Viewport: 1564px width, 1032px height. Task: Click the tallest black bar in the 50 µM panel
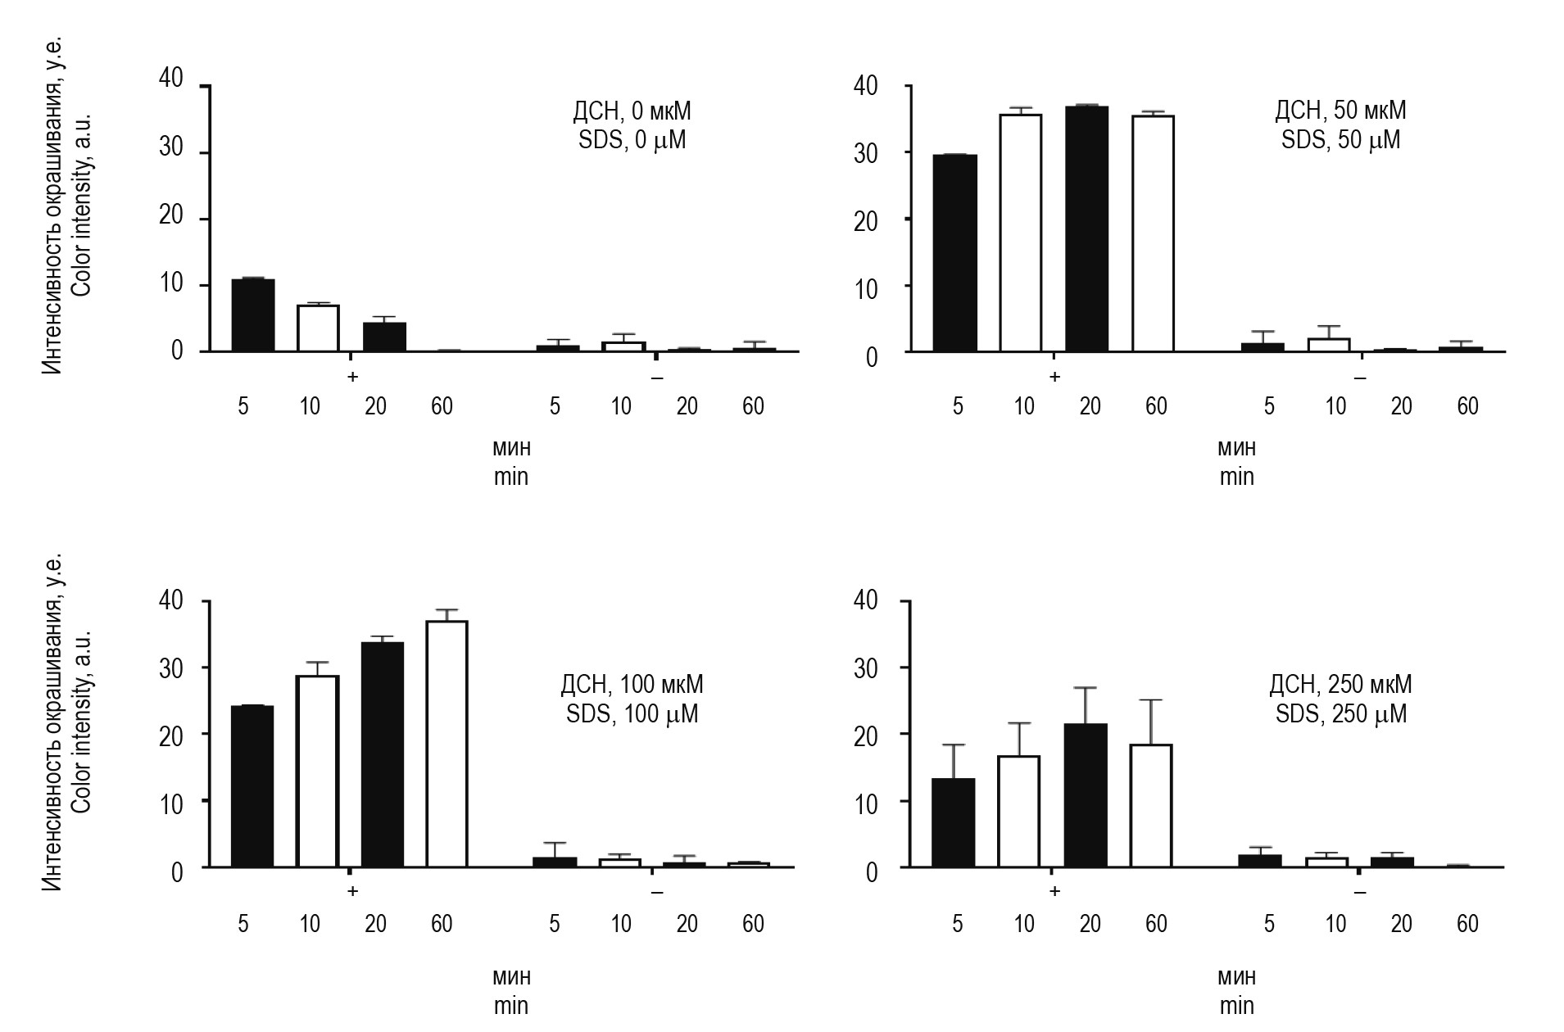pyautogui.click(x=1086, y=229)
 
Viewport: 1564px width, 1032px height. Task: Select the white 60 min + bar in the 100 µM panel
pyautogui.click(x=447, y=744)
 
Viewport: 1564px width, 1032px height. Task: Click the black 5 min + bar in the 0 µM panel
pyautogui.click(x=252, y=315)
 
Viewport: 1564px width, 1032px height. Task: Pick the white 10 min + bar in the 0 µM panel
pyautogui.click(x=317, y=328)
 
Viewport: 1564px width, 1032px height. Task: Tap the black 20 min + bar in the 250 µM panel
pyautogui.click(x=1086, y=794)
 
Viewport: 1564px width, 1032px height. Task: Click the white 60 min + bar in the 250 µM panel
pyautogui.click(x=1150, y=805)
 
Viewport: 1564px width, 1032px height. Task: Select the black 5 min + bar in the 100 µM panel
pyautogui.click(x=252, y=786)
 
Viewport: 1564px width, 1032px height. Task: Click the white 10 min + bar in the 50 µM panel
pyautogui.click(x=1020, y=233)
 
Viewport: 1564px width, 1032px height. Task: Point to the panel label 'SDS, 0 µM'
pyautogui.click(x=632, y=140)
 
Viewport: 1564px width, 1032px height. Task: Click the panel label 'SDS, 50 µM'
pyautogui.click(x=1340, y=140)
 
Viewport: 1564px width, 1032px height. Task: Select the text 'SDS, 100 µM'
pyautogui.click(x=632, y=714)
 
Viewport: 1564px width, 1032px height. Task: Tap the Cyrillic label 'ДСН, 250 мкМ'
pyautogui.click(x=1340, y=684)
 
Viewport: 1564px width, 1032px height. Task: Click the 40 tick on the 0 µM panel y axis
pyautogui.click(x=170, y=79)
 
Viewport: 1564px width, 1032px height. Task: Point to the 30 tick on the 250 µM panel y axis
pyautogui.click(x=865, y=668)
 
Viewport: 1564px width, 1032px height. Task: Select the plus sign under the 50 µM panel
pyautogui.click(x=1054, y=377)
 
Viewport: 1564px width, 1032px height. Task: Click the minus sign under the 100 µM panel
pyautogui.click(x=656, y=891)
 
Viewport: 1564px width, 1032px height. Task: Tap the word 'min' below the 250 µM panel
pyautogui.click(x=1236, y=1006)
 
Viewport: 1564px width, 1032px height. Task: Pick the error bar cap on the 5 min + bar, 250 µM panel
pyautogui.click(x=954, y=745)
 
